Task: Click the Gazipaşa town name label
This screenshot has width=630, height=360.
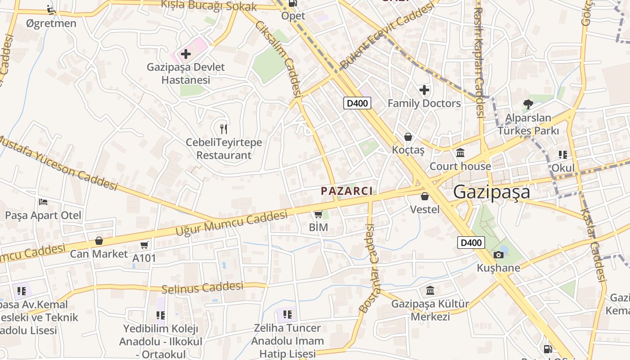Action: click(491, 192)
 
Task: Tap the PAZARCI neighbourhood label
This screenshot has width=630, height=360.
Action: click(346, 191)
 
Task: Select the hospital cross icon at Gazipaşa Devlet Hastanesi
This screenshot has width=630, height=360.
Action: click(185, 54)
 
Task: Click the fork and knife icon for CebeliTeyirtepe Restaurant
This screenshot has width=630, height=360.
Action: click(224, 129)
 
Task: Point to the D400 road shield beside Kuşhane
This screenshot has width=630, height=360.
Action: click(471, 243)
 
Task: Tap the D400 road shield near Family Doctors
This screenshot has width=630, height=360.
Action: click(357, 103)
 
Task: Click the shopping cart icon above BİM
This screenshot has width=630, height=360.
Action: click(319, 214)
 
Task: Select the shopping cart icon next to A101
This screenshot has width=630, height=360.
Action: click(144, 245)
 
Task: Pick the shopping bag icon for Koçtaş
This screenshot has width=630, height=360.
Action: click(408, 136)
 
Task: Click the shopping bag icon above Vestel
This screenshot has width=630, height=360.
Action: click(424, 196)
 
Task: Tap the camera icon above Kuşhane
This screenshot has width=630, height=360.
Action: click(498, 255)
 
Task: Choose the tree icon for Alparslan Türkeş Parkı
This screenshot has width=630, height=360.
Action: click(528, 104)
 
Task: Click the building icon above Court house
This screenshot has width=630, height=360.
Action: click(460, 153)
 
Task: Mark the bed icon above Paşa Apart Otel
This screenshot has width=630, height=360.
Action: click(43, 202)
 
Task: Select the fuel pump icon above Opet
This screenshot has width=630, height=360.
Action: click(293, 3)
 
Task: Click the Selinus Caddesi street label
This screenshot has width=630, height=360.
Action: click(202, 287)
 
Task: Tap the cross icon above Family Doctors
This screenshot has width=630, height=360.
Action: click(424, 90)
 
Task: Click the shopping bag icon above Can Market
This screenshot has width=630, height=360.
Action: click(99, 241)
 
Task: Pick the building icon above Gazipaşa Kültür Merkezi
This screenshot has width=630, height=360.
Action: click(430, 290)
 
